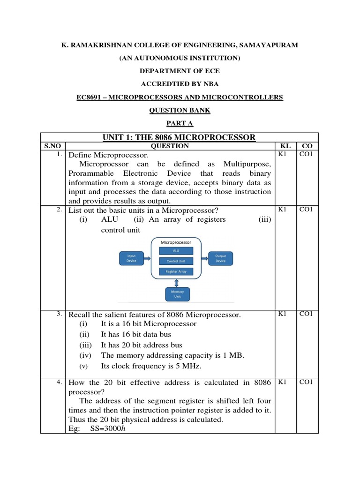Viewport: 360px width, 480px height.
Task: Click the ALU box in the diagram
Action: click(x=176, y=251)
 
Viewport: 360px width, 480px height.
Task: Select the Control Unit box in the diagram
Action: click(x=176, y=261)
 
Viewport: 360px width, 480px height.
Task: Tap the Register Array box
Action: click(x=176, y=271)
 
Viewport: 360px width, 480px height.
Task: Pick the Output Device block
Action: click(x=220, y=258)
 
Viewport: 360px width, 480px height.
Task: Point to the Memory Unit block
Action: click(x=177, y=294)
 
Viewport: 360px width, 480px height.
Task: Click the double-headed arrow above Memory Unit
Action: click(x=177, y=282)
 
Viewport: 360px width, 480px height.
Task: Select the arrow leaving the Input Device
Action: click(x=147, y=258)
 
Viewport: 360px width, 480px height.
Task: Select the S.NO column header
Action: click(x=53, y=146)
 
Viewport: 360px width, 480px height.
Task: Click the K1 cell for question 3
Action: click(x=282, y=314)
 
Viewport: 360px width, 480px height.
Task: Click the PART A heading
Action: click(x=180, y=123)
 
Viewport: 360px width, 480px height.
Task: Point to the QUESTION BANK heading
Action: click(x=180, y=110)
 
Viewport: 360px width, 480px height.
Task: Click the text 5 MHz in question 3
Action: click(x=193, y=366)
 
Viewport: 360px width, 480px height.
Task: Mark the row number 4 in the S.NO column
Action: click(x=59, y=382)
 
